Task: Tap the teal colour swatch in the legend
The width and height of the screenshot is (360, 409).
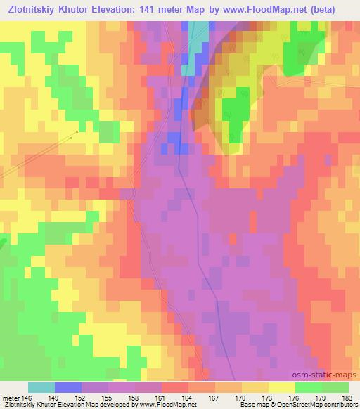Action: tap(41, 387)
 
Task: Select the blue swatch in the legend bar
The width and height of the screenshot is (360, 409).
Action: tap(68, 387)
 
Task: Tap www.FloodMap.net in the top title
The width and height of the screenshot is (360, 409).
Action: tap(265, 9)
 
